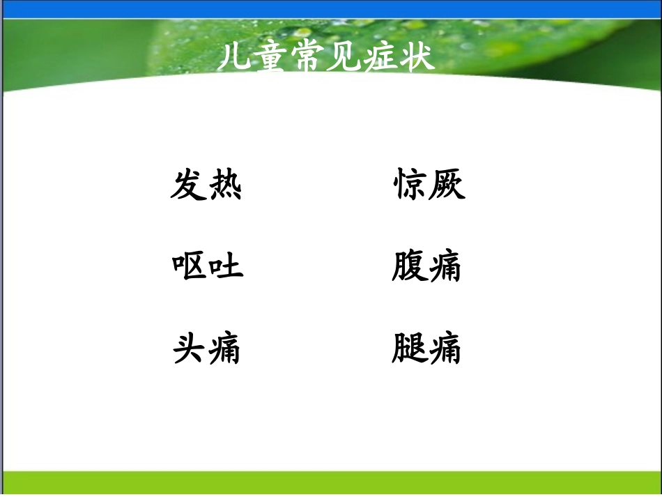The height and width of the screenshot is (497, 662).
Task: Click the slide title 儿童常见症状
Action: point(326,58)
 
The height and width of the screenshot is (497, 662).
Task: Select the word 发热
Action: point(206,185)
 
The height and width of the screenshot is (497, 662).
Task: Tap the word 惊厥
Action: point(429,185)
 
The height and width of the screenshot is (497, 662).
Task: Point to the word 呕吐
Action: point(207,266)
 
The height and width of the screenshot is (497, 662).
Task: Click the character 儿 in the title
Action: point(233,58)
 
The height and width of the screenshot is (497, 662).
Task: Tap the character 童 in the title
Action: point(270,58)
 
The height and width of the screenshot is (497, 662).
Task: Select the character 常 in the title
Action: point(307,58)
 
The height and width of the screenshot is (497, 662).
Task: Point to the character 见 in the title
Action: point(344,58)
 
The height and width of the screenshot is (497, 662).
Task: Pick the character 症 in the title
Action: point(381,58)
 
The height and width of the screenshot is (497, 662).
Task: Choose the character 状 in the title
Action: point(418,58)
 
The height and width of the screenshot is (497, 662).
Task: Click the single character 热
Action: point(224,185)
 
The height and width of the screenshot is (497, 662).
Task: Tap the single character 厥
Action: point(447,185)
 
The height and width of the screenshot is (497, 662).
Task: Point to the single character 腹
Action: point(408,266)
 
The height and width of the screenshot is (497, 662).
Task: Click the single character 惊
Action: point(410,185)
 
